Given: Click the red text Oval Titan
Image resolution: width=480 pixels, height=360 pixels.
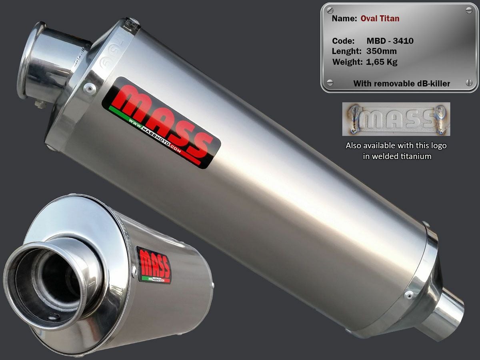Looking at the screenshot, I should point(380,18).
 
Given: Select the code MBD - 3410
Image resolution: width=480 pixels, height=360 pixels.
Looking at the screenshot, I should point(390,41).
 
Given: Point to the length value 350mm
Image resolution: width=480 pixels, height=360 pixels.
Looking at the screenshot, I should point(381,51).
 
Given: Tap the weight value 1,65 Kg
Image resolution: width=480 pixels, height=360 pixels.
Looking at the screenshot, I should point(381,62).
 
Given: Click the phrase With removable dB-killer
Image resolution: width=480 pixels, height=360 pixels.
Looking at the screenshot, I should point(402,84).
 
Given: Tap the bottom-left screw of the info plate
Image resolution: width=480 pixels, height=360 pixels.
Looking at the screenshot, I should point(330,83).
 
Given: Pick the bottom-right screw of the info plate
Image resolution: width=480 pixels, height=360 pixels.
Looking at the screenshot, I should point(469,83).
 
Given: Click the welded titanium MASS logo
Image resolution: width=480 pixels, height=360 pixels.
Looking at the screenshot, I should point(396,119).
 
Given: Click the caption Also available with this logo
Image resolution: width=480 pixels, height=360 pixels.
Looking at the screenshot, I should point(396,146).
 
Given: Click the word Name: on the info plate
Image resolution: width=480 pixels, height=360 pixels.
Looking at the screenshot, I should point(344,18).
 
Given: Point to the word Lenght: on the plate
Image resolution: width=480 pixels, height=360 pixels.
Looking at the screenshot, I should point(347,51).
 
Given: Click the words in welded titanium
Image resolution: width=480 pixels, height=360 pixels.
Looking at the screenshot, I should point(397,156).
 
